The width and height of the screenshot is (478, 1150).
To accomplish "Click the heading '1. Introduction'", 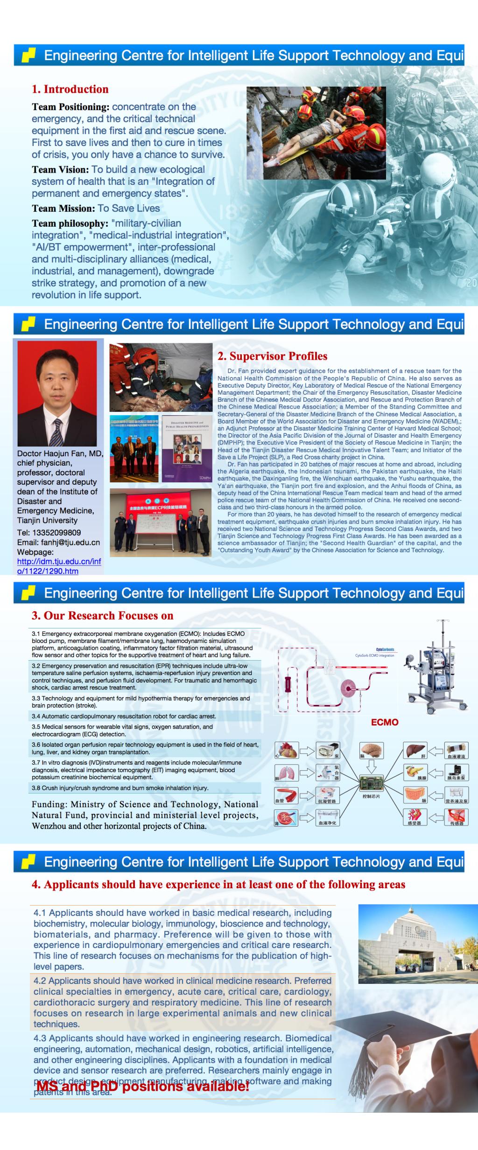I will coord(70,89).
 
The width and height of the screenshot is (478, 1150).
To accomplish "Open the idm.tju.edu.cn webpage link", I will coord(59,566).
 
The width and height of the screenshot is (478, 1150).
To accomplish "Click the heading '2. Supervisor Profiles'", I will coord(272,356).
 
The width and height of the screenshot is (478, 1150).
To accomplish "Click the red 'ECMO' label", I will coord(385,722).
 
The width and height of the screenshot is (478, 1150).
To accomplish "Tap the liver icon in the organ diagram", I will coord(415,750).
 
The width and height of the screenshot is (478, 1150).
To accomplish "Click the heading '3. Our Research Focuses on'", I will coord(102,616).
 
